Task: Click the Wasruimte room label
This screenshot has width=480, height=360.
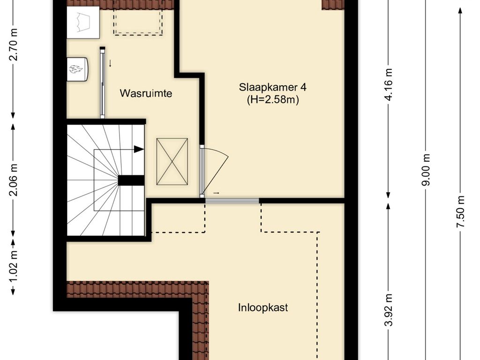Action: click(146, 93)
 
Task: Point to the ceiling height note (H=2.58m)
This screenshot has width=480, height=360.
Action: click(273, 99)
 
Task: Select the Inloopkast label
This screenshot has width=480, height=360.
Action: click(262, 308)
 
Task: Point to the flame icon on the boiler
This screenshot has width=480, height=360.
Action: click(76, 69)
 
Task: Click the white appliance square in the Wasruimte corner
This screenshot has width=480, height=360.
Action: click(83, 22)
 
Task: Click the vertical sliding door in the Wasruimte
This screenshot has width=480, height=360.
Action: click(102, 82)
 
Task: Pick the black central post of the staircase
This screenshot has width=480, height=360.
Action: click(131, 180)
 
